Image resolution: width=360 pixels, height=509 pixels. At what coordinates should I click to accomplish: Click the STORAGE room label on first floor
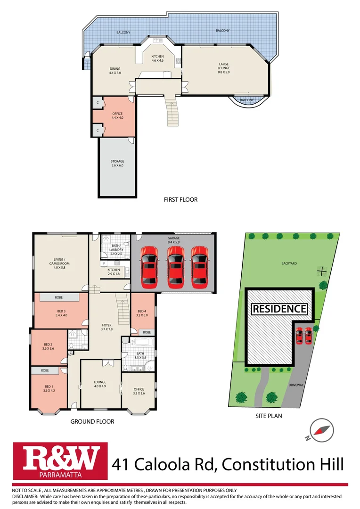tap(117, 164)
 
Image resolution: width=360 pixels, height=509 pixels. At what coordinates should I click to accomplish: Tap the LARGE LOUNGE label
tap(223, 66)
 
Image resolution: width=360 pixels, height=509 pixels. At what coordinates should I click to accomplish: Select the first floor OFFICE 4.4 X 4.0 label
tap(117, 115)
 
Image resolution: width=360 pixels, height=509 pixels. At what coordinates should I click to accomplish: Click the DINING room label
tap(115, 71)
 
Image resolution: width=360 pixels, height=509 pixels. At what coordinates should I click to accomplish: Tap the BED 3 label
tap(61, 313)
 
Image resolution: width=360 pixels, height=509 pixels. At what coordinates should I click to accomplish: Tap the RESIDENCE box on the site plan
tap(279, 309)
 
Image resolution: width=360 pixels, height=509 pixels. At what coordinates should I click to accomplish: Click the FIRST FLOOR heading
tap(180, 199)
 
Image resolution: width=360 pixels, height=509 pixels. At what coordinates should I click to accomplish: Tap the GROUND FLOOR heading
tap(92, 422)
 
